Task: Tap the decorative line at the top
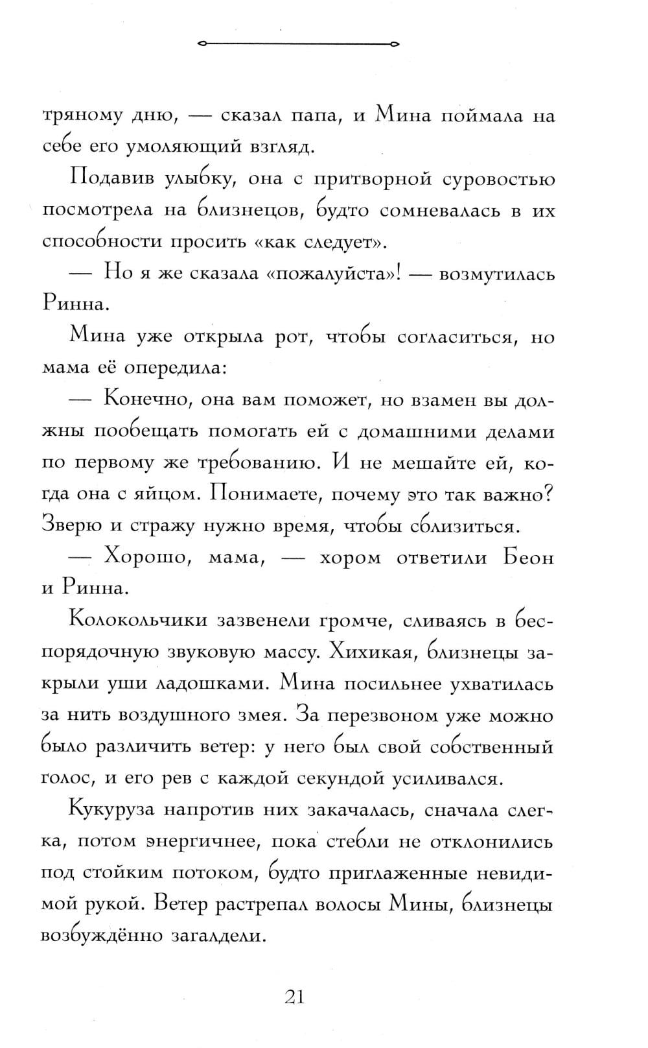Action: [298, 44]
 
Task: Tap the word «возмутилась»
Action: [496, 274]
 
